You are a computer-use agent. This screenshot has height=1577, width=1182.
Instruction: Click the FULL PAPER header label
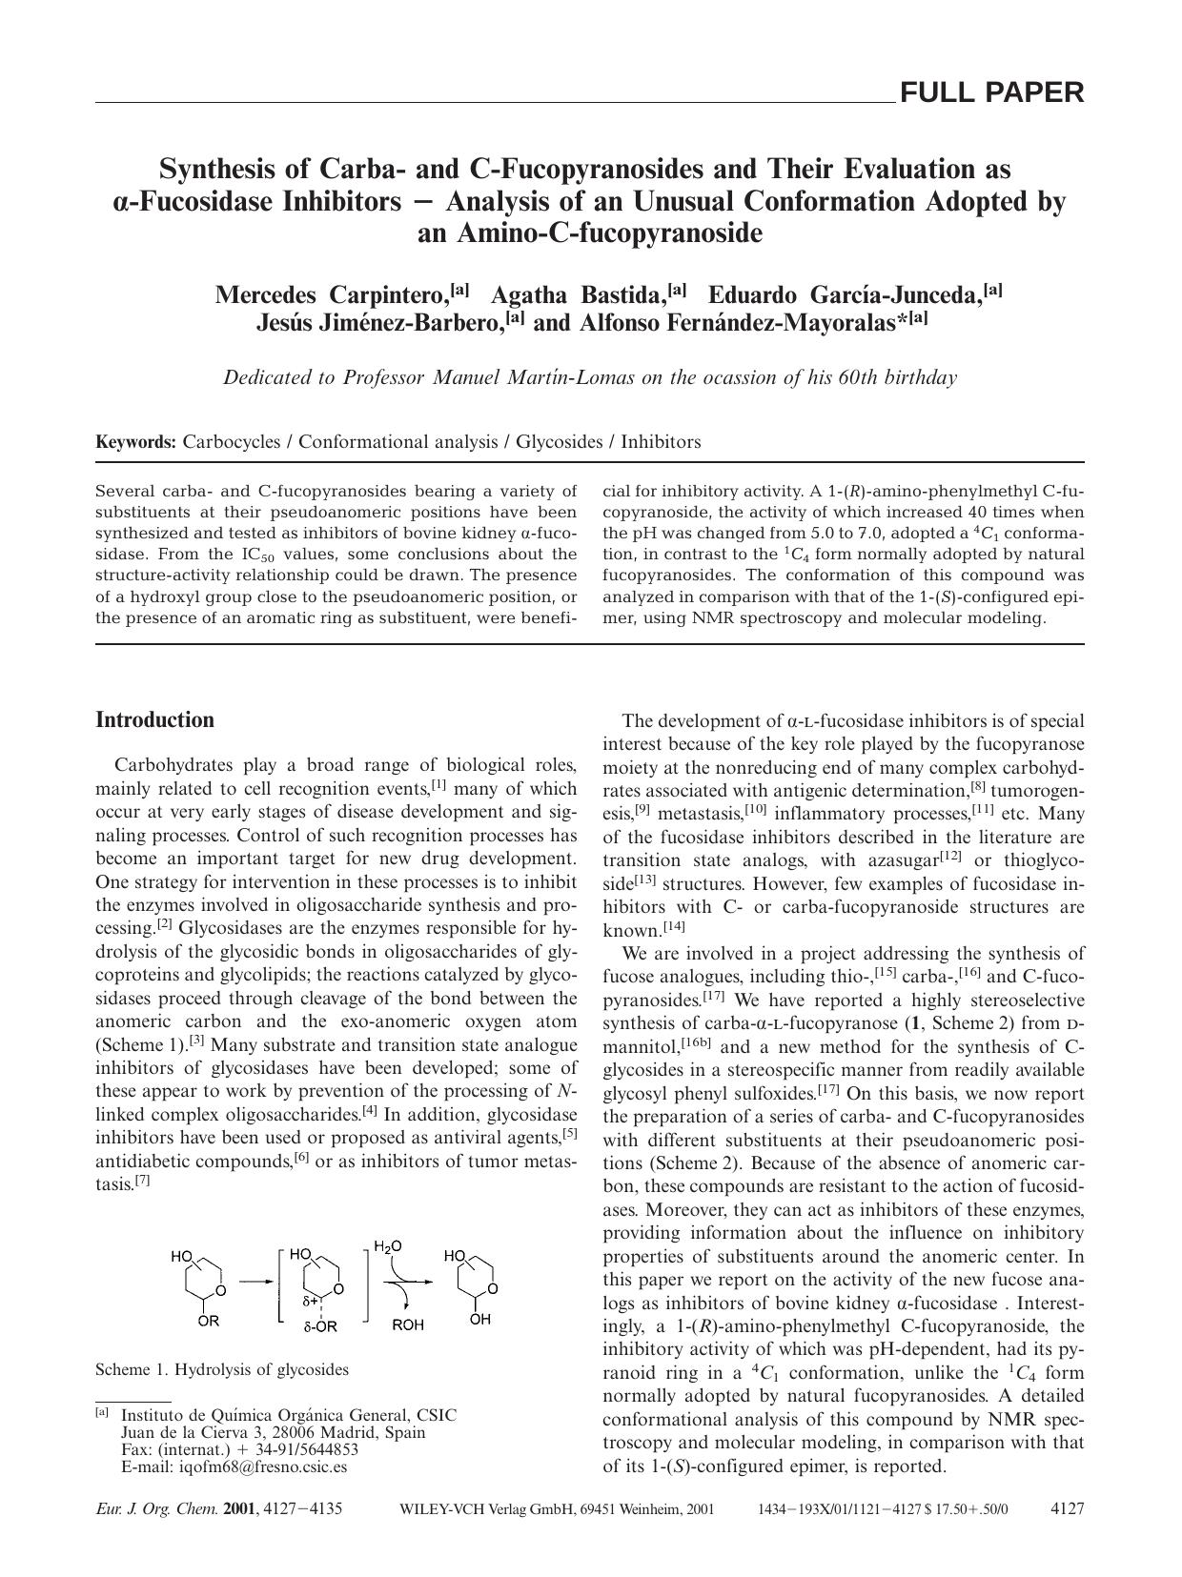[991, 92]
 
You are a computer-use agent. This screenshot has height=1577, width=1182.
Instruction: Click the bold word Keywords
[135, 442]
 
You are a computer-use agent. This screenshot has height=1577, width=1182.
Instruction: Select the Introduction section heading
[154, 719]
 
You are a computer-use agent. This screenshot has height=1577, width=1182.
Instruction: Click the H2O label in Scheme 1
[388, 1246]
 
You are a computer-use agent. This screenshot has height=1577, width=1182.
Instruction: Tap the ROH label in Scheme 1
[408, 1324]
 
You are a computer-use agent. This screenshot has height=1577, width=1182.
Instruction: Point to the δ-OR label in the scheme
[320, 1325]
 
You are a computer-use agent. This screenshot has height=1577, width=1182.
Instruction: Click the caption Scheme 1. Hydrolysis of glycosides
[221, 1370]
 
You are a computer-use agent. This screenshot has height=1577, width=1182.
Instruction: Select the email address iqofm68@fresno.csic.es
[263, 1466]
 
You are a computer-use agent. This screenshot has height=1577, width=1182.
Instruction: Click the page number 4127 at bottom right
[1067, 1509]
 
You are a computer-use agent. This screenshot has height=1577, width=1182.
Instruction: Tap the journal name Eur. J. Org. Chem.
[156, 1509]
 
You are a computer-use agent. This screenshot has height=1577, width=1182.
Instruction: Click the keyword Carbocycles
[232, 442]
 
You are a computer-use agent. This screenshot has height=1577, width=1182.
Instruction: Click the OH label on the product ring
[480, 1320]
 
